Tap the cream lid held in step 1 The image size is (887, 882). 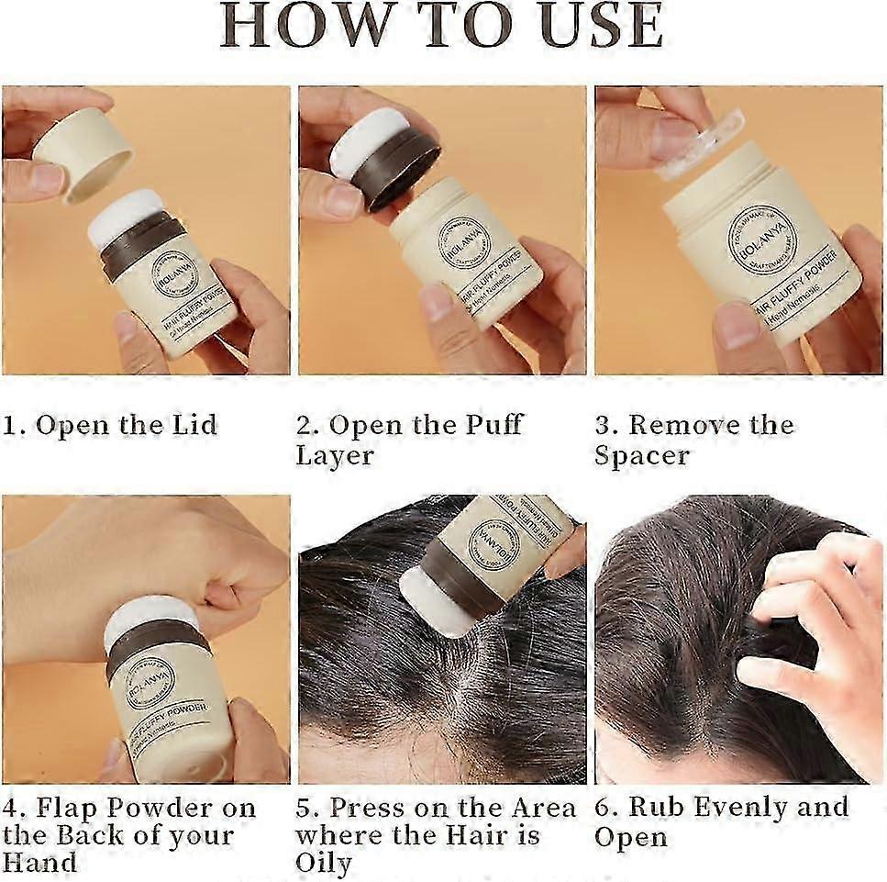coord(83,152)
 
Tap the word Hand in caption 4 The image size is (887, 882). coord(39,863)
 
